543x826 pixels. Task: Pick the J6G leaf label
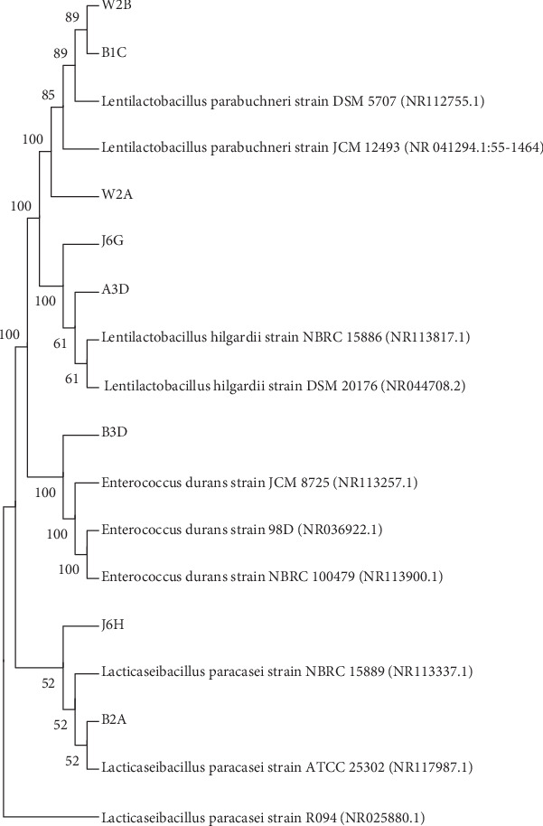113,242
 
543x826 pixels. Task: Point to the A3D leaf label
114,291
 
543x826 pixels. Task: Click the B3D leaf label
114,433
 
